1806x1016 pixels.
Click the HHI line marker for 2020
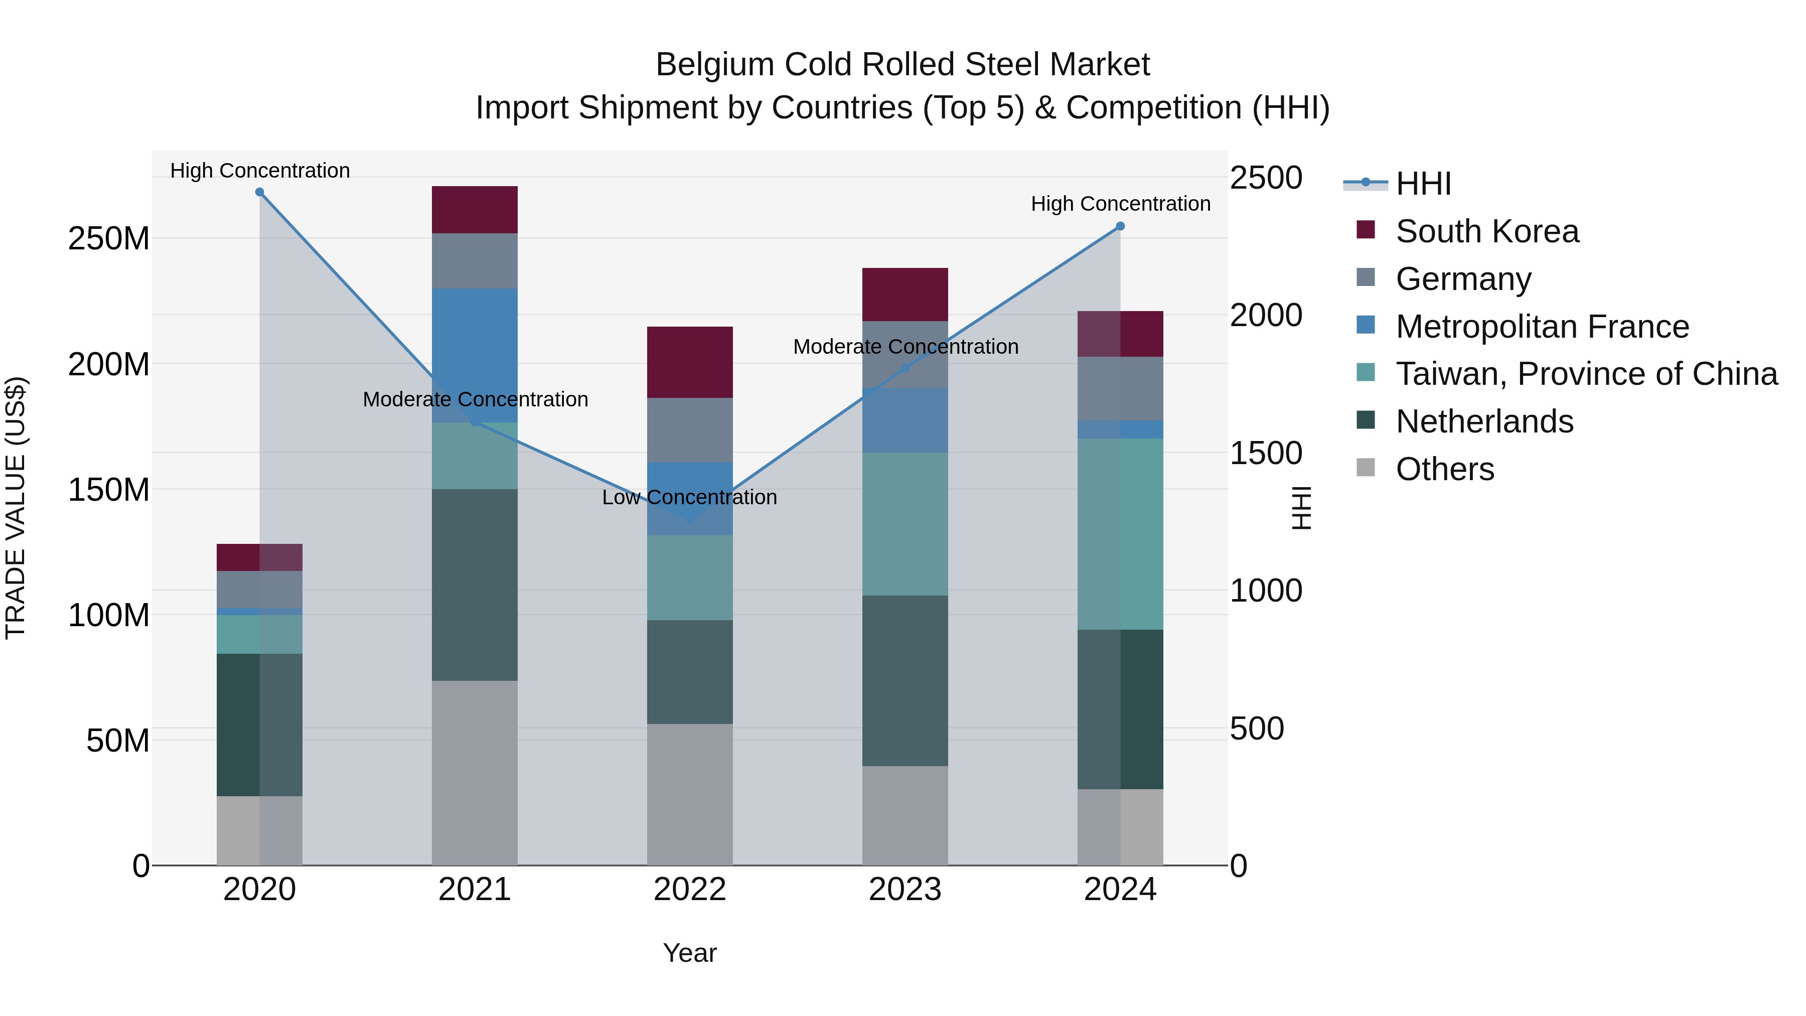[259, 192]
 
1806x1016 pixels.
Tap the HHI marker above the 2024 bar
[1120, 226]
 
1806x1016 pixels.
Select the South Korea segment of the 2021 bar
[475, 210]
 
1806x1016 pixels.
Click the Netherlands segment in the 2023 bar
[905, 680]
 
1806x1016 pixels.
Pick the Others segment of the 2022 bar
[689, 794]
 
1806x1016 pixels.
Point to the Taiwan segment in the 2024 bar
[1120, 533]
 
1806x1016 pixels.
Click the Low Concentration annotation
[689, 497]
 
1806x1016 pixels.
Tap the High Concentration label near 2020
[259, 171]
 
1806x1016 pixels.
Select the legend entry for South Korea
[1486, 231]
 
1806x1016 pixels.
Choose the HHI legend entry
[1423, 184]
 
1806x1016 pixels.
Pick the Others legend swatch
[1366, 468]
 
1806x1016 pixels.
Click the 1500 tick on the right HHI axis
[1266, 453]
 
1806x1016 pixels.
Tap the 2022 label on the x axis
[689, 890]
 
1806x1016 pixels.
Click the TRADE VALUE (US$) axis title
[16, 508]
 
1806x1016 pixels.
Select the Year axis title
[689, 953]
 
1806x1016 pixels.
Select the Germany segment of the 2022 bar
[689, 430]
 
